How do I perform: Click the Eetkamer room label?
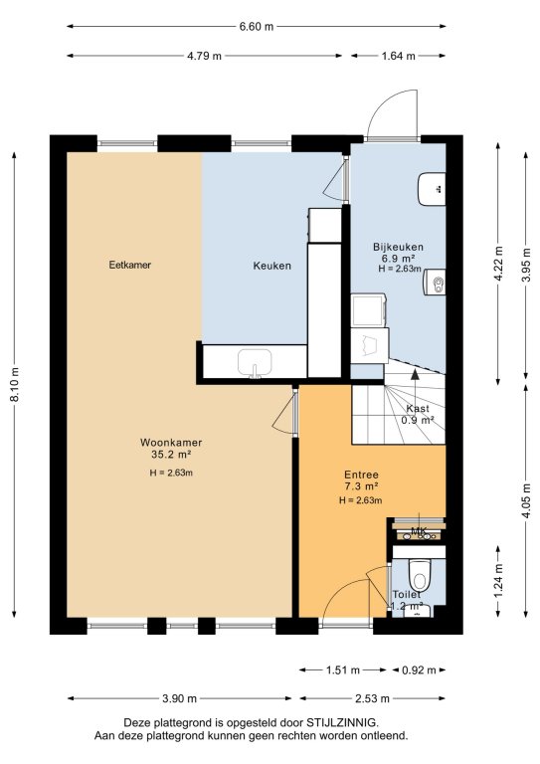130,265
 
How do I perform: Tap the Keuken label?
272,266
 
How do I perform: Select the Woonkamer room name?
171,443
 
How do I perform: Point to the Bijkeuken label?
398,247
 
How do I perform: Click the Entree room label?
361,475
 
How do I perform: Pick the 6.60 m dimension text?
257,26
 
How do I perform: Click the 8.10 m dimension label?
15,385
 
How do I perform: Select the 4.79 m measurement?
204,56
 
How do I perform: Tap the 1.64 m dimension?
398,56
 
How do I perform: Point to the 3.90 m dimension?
179,698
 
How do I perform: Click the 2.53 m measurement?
372,698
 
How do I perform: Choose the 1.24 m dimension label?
497,581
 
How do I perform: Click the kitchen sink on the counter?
255,363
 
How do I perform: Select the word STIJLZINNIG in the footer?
341,722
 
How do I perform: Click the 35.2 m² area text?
171,455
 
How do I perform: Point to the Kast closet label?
418,408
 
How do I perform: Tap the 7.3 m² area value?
361,485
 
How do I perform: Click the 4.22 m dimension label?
497,264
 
